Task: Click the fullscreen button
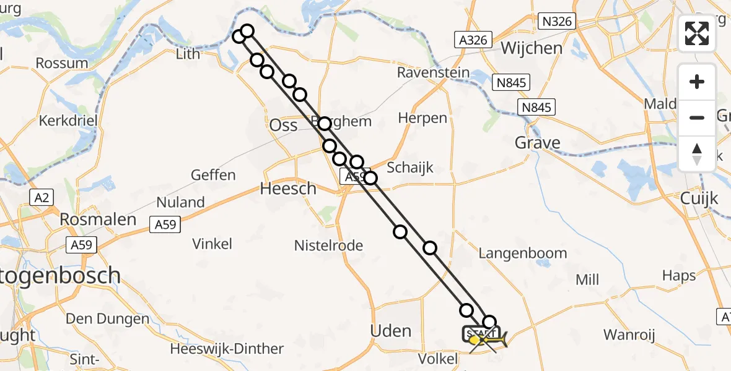point(697,33)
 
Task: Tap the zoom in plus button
point(697,82)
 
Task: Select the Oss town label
point(283,126)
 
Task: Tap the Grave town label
point(538,143)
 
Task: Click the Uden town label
point(390,331)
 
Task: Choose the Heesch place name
point(288,189)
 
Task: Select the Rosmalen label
point(98,220)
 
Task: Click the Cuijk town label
point(699,198)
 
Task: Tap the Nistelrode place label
point(328,245)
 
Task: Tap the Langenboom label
point(523,253)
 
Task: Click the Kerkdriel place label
point(68,121)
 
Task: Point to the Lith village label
point(188,54)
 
